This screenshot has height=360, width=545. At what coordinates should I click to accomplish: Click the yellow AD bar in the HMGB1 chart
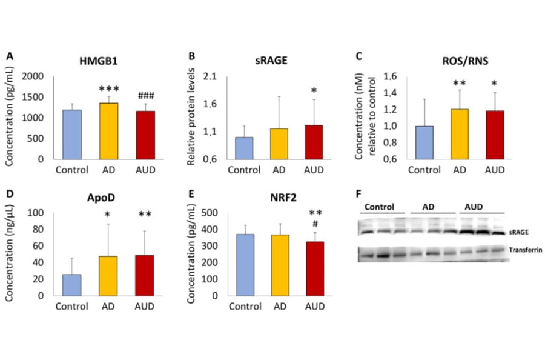tap(109, 131)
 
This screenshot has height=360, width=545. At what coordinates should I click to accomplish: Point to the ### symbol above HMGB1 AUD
tap(147, 96)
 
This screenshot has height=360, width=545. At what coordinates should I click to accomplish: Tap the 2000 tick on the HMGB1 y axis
tap(33, 76)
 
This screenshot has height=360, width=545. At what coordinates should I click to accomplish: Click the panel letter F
tap(358, 193)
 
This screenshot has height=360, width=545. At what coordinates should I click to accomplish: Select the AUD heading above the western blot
tap(474, 207)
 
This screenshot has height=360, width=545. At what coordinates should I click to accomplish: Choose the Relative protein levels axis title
tap(190, 118)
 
